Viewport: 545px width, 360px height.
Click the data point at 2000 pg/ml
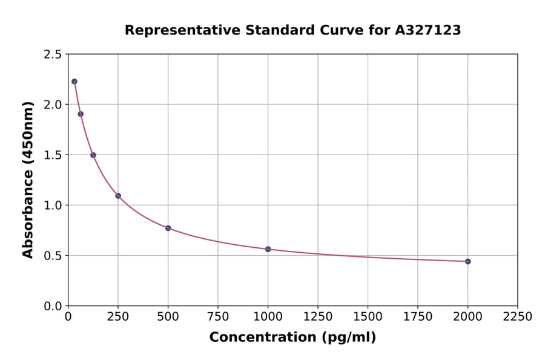pyautogui.click(x=467, y=261)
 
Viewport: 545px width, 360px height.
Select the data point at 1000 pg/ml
pyautogui.click(x=268, y=249)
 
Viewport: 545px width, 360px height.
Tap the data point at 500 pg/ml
pyautogui.click(x=168, y=228)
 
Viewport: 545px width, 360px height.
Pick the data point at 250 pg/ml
pyautogui.click(x=118, y=196)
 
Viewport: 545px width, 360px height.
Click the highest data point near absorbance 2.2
pyautogui.click(x=74, y=81)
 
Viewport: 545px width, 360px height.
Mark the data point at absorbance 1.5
pyautogui.click(x=93, y=155)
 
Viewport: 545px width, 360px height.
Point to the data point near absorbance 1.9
pyautogui.click(x=81, y=114)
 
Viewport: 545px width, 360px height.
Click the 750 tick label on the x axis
pyautogui.click(x=218, y=317)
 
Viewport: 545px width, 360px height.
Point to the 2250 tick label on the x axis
pyautogui.click(x=517, y=317)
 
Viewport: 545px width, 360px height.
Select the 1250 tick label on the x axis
pyautogui.click(x=318, y=317)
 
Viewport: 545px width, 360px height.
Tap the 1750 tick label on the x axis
pyautogui.click(x=418, y=317)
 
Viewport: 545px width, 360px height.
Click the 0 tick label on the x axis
pyautogui.click(x=68, y=317)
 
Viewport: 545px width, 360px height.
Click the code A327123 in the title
pyautogui.click(x=429, y=30)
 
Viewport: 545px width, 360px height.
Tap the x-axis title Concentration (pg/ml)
pyautogui.click(x=292, y=338)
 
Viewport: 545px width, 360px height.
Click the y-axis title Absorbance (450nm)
pyautogui.click(x=28, y=180)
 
